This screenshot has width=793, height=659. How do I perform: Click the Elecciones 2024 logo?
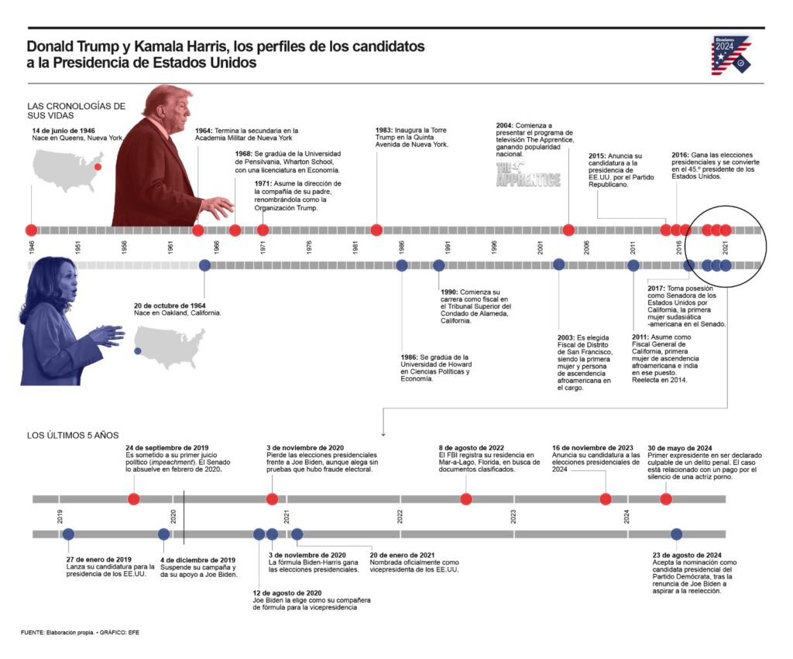coord(731,55)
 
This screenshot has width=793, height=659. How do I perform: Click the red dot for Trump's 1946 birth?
coord(31,230)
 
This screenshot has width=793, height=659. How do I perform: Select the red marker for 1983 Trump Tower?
coord(376,230)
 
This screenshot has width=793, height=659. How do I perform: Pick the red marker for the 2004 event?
coord(568,230)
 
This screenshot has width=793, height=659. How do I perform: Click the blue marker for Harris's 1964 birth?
coord(204,265)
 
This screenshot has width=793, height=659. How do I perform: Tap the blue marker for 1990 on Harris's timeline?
coord(439,265)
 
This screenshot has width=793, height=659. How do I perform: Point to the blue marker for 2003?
coord(559,265)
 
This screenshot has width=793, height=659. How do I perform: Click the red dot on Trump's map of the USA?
coord(98,166)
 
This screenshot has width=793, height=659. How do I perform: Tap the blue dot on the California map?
coord(138,351)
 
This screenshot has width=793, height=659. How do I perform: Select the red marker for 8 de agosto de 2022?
coord(466,499)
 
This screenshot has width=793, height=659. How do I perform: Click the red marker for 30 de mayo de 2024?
coord(666,499)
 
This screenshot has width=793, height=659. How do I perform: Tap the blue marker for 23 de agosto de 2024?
coord(677,534)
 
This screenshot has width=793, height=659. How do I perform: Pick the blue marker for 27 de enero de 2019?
coord(68,534)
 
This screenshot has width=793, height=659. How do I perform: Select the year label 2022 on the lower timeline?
coord(400,516)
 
